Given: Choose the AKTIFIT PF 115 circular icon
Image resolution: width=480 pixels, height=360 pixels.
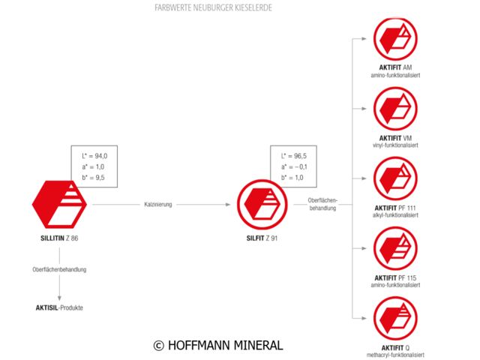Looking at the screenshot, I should coord(395,249).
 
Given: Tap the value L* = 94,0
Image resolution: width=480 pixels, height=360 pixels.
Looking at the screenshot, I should coord(94,155).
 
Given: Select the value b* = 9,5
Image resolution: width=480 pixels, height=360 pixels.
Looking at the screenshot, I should coord(93,177).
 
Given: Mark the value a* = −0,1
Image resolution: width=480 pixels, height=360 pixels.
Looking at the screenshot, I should coord(295,166).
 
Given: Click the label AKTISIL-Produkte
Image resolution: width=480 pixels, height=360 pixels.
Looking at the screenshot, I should coord(59,307).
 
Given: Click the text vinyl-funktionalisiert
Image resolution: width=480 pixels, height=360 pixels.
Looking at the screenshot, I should coord(394,145).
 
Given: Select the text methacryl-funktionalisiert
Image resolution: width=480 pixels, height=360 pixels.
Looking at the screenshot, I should coord(394,355).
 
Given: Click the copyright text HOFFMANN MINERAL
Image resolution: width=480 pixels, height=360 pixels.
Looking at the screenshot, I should coord(217,345).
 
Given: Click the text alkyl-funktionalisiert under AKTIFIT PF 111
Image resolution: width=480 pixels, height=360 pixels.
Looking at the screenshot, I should coord(394,215).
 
